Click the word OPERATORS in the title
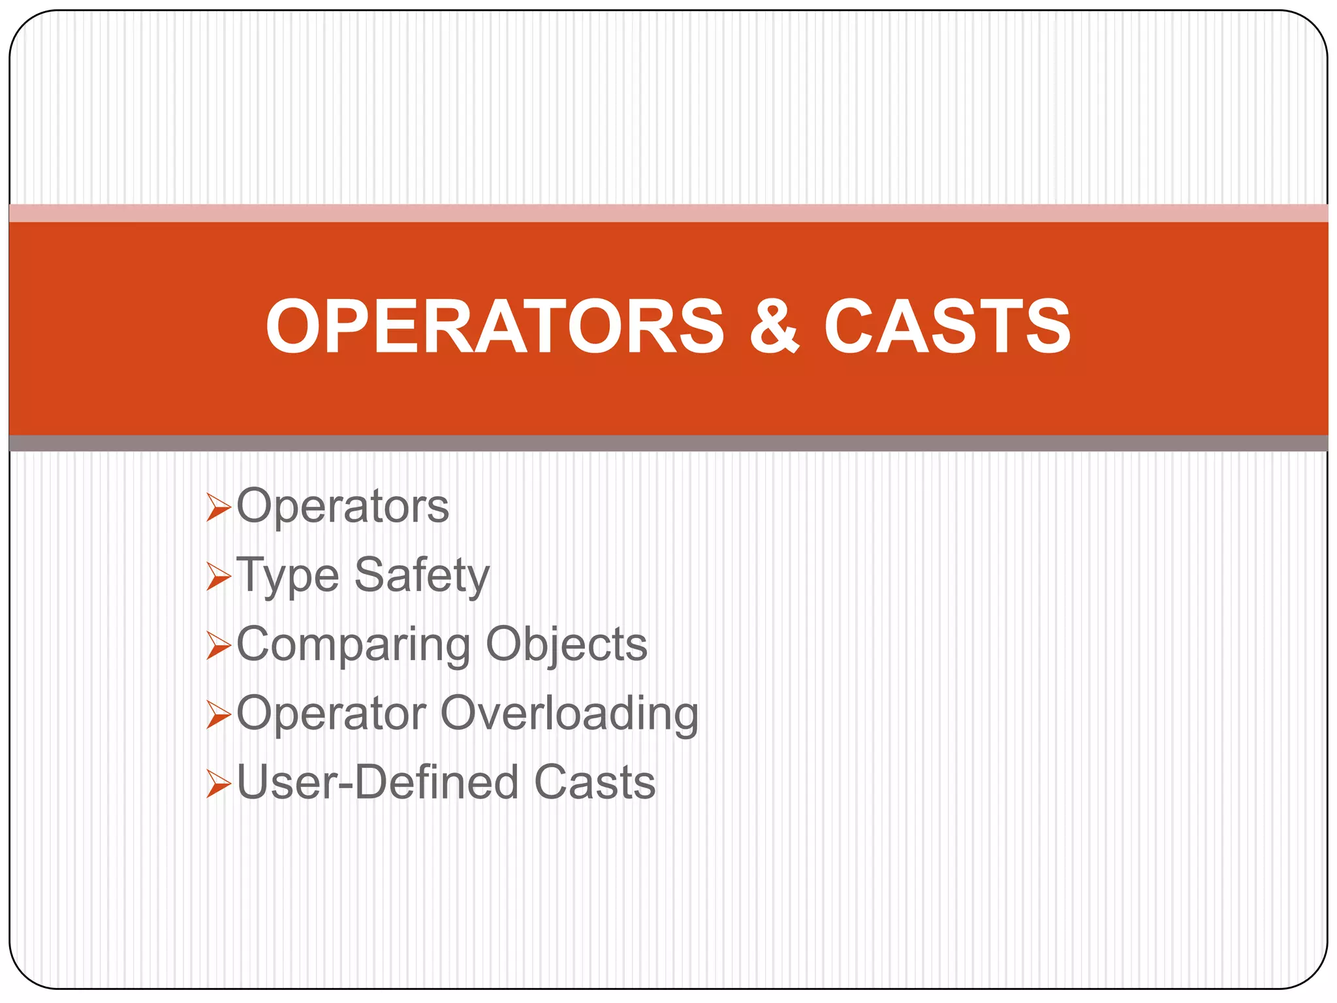(x=495, y=326)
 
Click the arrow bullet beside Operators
(x=219, y=507)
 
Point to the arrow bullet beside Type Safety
(x=219, y=577)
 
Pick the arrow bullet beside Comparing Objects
(x=219, y=646)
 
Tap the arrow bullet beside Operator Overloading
(x=219, y=714)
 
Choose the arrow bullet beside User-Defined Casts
(x=219, y=784)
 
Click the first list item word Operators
(x=343, y=506)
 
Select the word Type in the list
(x=288, y=576)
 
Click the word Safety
(x=422, y=576)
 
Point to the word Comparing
(x=353, y=645)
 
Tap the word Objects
(x=567, y=645)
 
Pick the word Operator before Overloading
(x=332, y=713)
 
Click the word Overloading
(x=569, y=713)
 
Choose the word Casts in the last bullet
(x=595, y=782)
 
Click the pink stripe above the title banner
(x=668, y=213)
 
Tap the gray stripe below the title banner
(x=668, y=443)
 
